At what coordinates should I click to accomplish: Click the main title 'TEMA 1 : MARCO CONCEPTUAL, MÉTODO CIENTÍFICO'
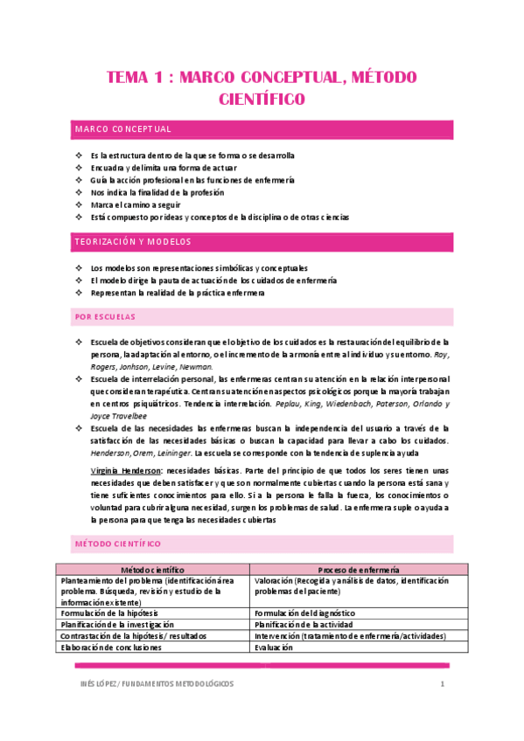tap(262, 87)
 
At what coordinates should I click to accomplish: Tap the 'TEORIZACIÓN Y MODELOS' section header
tap(133, 241)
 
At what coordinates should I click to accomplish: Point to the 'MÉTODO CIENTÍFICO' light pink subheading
tap(116, 544)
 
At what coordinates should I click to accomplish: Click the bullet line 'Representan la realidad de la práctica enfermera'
tap(177, 293)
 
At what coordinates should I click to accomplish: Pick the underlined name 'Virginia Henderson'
tap(126, 470)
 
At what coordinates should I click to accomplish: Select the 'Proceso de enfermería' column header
tap(360, 569)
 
